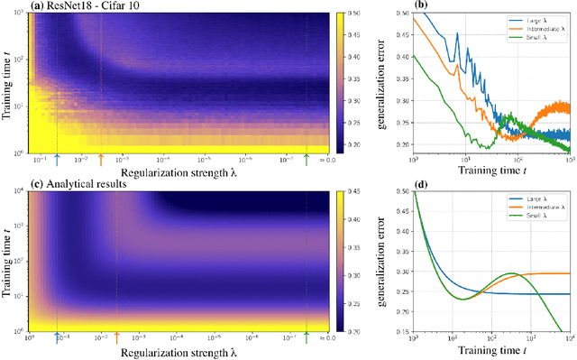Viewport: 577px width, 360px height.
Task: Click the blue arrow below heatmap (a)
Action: coord(57,160)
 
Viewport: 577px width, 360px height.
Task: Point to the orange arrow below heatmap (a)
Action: coord(100,160)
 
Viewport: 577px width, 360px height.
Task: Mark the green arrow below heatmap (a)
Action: coord(307,160)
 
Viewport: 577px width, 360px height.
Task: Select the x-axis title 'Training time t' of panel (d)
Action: coord(491,350)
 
